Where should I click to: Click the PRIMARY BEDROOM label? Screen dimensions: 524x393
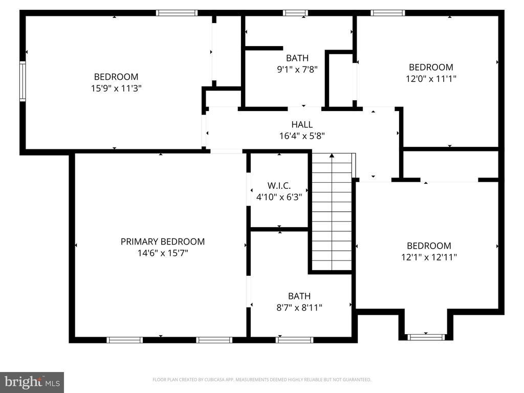pos(162,242)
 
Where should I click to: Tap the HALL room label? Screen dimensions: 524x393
pos(302,125)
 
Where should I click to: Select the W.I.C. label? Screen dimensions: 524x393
pos(279,186)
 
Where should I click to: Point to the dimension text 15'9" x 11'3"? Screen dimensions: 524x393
pos(116,89)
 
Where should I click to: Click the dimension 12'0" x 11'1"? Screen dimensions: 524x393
pos(431,79)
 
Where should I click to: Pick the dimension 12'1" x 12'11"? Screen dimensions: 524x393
pos(429,257)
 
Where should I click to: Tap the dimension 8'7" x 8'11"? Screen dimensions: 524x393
pos(299,308)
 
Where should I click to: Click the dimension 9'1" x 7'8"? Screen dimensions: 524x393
pos(297,70)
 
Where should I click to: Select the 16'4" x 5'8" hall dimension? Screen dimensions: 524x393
pos(302,136)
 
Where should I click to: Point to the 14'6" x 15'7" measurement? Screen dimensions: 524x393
pos(163,253)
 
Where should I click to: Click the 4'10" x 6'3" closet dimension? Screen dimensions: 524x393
pos(279,197)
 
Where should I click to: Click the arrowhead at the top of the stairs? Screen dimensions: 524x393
pos(332,156)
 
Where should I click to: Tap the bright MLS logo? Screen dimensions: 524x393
pos(32,382)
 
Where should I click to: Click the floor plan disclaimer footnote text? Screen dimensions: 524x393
pos(262,380)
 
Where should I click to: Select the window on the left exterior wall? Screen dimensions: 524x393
pos(23,81)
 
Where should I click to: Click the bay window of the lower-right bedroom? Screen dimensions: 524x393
pos(426,337)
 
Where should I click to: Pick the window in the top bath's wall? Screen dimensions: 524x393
pos(295,13)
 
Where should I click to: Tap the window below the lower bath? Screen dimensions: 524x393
pos(294,340)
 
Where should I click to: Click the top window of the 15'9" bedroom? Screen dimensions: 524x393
pos(177,13)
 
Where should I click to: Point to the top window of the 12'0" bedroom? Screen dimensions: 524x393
pos(388,13)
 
